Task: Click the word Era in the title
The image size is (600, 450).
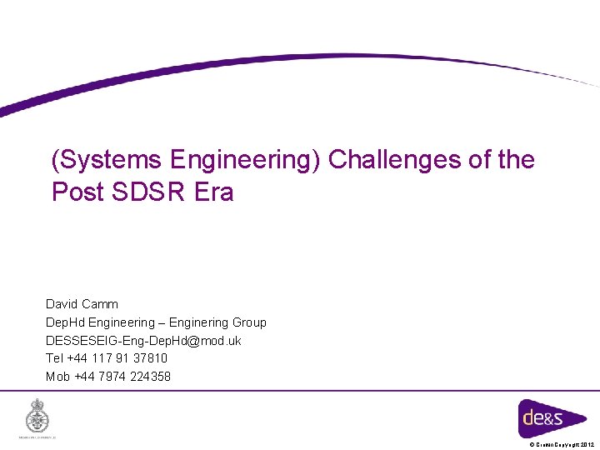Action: click(x=214, y=192)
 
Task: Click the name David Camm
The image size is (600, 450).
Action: click(x=82, y=304)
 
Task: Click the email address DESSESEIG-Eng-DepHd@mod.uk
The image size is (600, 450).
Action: click(x=143, y=341)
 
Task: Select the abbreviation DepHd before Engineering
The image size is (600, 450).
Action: click(x=65, y=322)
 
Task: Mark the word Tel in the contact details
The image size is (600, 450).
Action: click(x=54, y=358)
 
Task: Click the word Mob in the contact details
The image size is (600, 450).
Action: click(x=57, y=377)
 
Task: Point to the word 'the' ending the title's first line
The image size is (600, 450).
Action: click(x=516, y=160)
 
